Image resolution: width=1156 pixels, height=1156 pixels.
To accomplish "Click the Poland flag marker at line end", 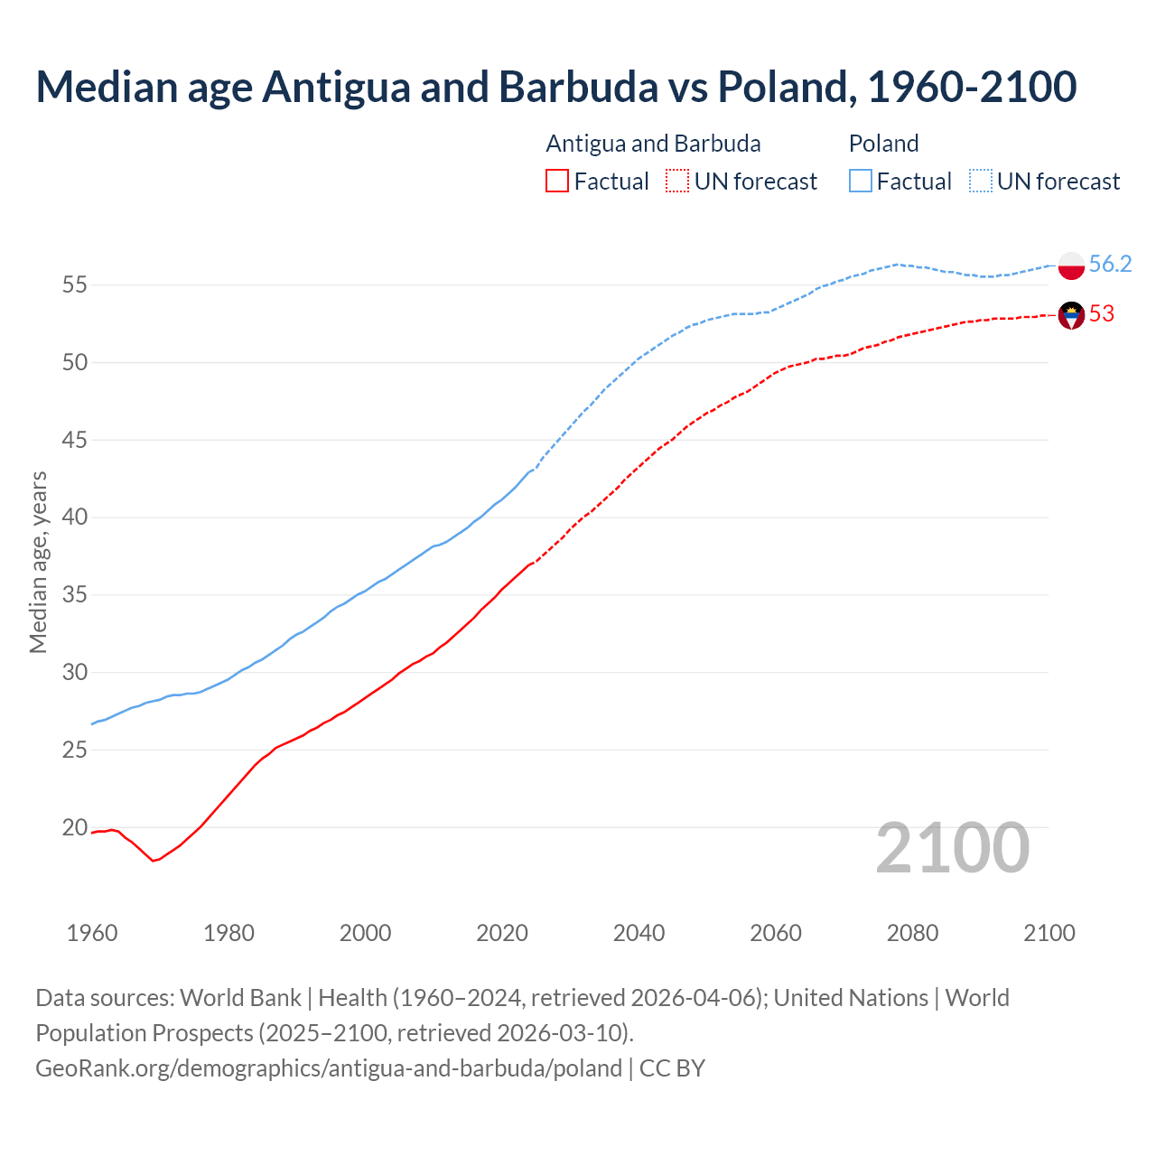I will click(1071, 266).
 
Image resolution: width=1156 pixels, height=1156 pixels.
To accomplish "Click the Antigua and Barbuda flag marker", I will click(1071, 315).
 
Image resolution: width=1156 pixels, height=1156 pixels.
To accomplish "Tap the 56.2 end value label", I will click(1110, 264).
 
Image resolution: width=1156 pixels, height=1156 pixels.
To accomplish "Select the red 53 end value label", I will click(1102, 313).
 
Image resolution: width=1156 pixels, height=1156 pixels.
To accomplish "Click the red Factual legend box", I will click(557, 182).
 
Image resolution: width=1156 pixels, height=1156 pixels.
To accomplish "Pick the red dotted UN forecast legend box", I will click(677, 182).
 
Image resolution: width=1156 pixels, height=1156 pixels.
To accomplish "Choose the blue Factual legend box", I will click(861, 182).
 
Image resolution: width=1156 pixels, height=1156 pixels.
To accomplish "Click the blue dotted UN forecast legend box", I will click(981, 182).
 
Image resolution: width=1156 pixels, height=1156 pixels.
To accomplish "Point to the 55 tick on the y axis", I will click(75, 284).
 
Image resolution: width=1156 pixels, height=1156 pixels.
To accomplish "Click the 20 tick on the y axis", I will click(75, 827).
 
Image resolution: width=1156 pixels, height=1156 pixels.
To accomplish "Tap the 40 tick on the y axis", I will click(75, 517).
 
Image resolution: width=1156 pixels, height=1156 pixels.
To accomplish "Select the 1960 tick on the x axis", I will click(92, 933).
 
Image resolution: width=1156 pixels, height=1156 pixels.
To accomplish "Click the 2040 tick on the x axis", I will click(639, 933).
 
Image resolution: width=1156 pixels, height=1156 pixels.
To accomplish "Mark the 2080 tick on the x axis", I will click(912, 933).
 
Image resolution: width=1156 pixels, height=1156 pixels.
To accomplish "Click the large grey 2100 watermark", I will click(953, 847).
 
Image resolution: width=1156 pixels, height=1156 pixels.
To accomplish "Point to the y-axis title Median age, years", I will click(38, 562).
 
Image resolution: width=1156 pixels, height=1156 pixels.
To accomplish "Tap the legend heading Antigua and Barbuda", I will click(653, 144).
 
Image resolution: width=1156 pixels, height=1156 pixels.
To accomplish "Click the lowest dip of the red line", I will click(154, 861).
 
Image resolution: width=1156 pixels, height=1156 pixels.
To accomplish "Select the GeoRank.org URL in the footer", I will click(329, 1068).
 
